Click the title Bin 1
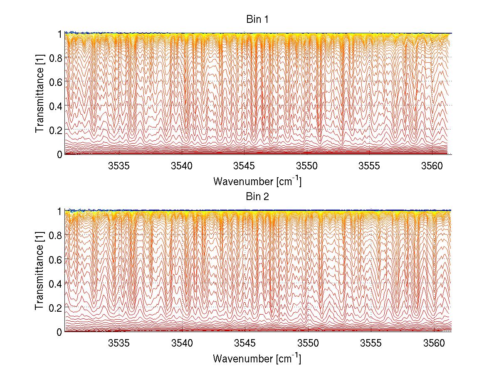(x=257, y=20)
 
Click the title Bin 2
(x=257, y=197)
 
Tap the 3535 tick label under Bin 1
(x=119, y=166)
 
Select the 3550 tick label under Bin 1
(x=307, y=166)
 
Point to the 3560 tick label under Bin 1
(x=432, y=166)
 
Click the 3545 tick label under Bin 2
(x=245, y=344)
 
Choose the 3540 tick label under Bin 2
(x=182, y=344)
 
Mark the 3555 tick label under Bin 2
(x=370, y=344)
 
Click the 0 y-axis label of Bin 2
(x=59, y=331)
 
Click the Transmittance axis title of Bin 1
(x=40, y=93)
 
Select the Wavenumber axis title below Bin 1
(x=257, y=181)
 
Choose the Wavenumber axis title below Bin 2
(x=257, y=358)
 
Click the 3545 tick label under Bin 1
(x=245, y=166)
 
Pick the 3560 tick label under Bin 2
(x=432, y=344)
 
